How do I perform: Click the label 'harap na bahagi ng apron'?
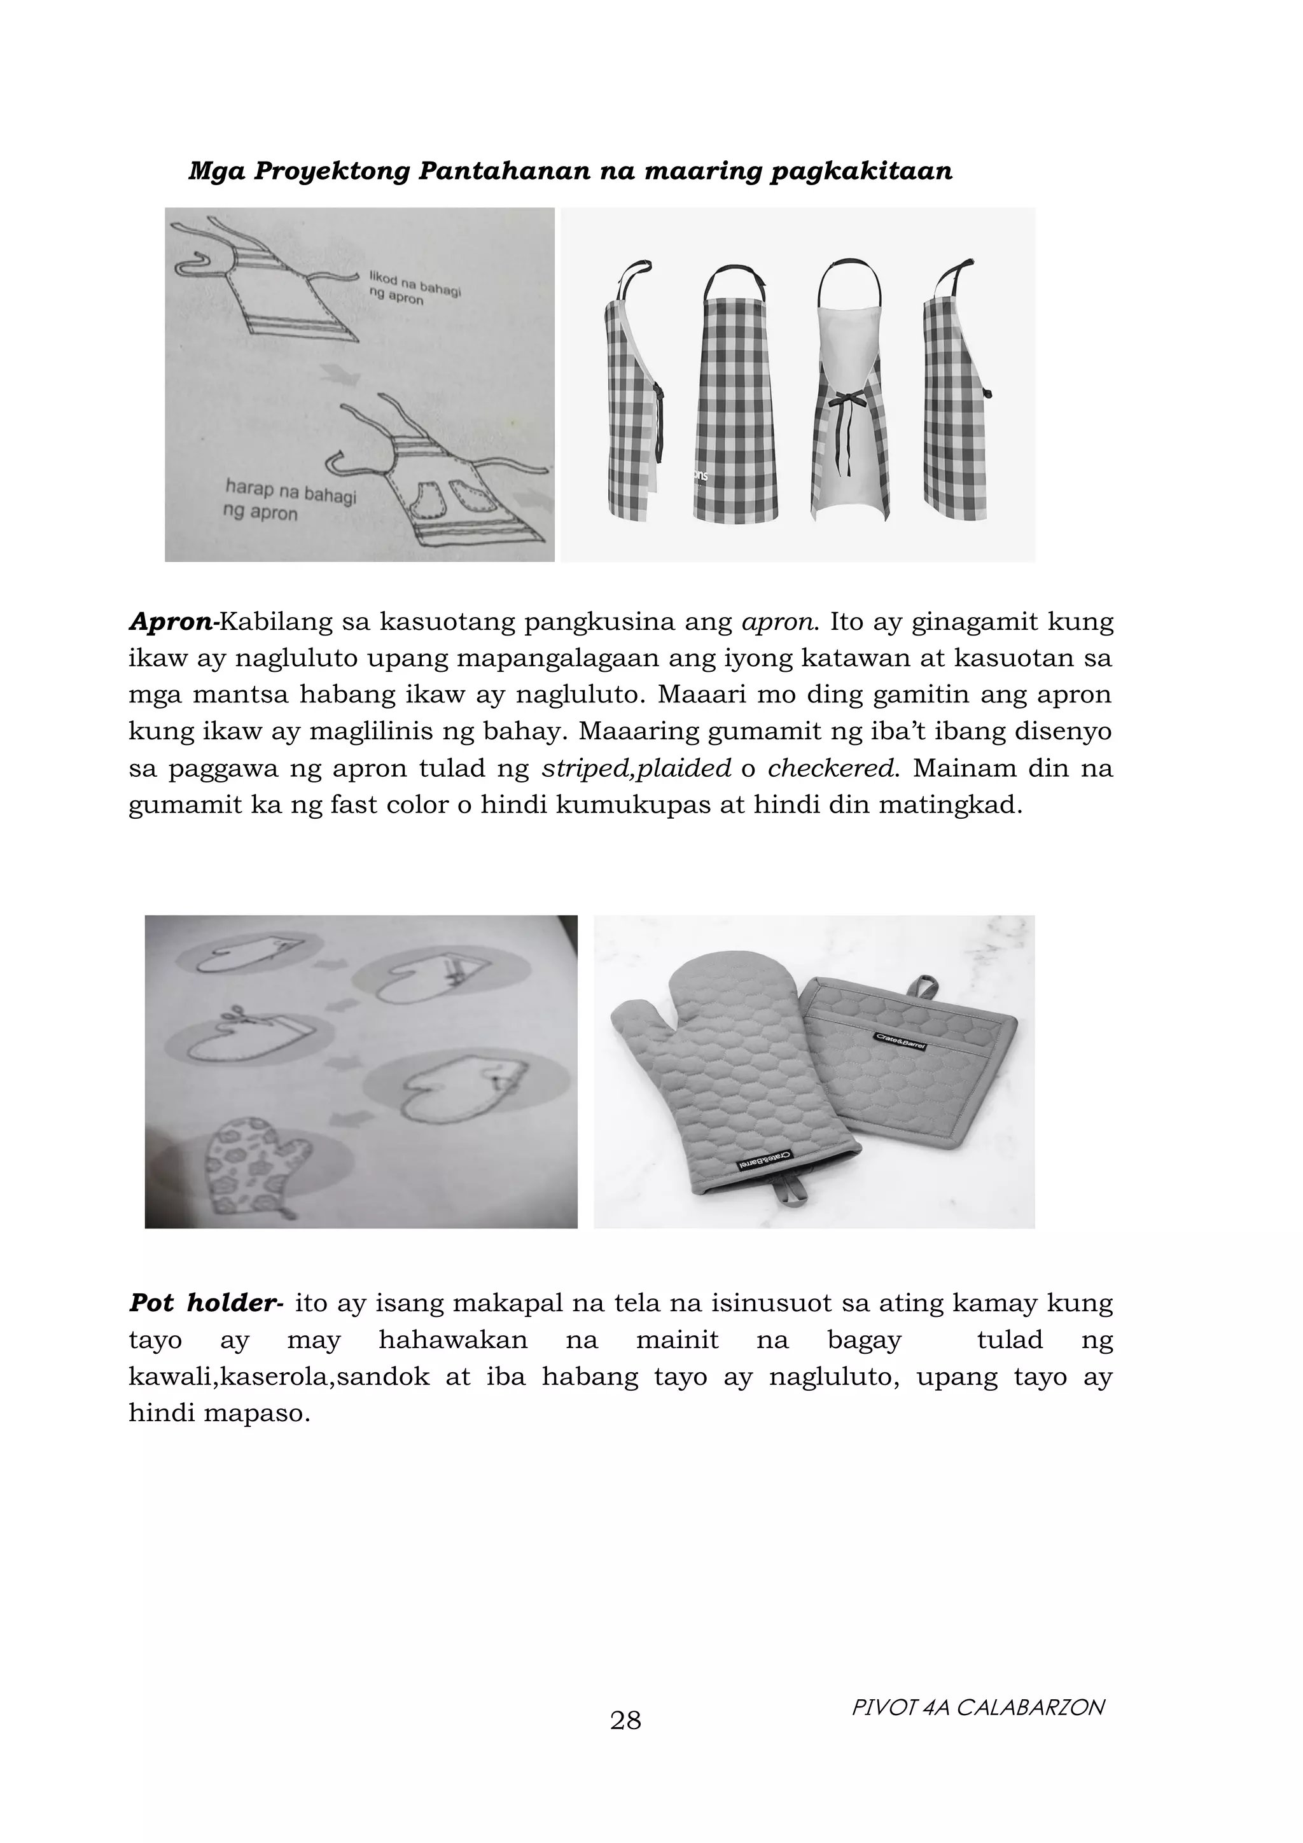289,500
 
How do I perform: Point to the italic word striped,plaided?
636,769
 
